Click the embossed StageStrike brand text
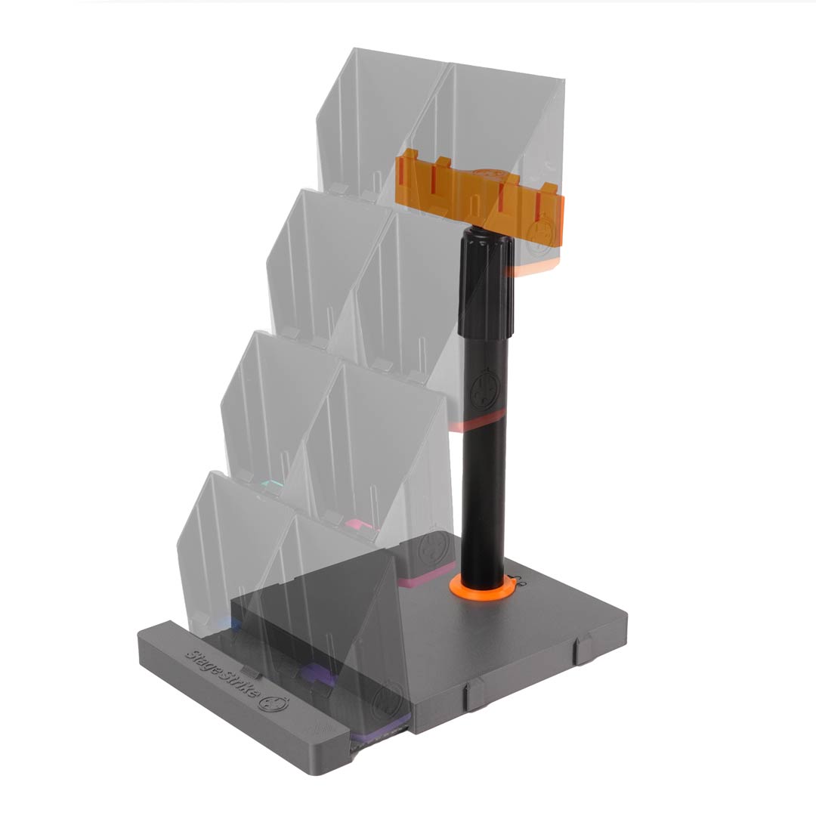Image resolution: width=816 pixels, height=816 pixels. pyautogui.click(x=223, y=673)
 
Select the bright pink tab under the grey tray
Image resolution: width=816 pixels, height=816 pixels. pyautogui.click(x=354, y=524)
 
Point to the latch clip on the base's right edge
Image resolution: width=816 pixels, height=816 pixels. pyautogui.click(x=585, y=651)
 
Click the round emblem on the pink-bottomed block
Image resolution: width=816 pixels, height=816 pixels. pyautogui.click(x=433, y=545)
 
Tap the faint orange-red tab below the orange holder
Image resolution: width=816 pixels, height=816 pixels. pyautogui.click(x=529, y=268)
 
